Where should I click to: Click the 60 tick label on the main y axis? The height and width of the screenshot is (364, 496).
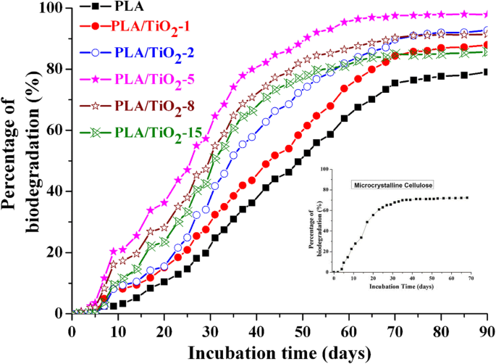[x=56, y=131]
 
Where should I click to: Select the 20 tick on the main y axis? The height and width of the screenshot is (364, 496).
[x=56, y=252]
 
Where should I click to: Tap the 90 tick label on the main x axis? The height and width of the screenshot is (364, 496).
[x=486, y=329]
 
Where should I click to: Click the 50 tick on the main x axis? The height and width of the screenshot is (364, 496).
[x=302, y=329]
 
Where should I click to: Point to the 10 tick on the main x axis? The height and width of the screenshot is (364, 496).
[x=117, y=329]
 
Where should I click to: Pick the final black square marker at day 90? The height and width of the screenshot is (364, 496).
[x=486, y=72]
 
